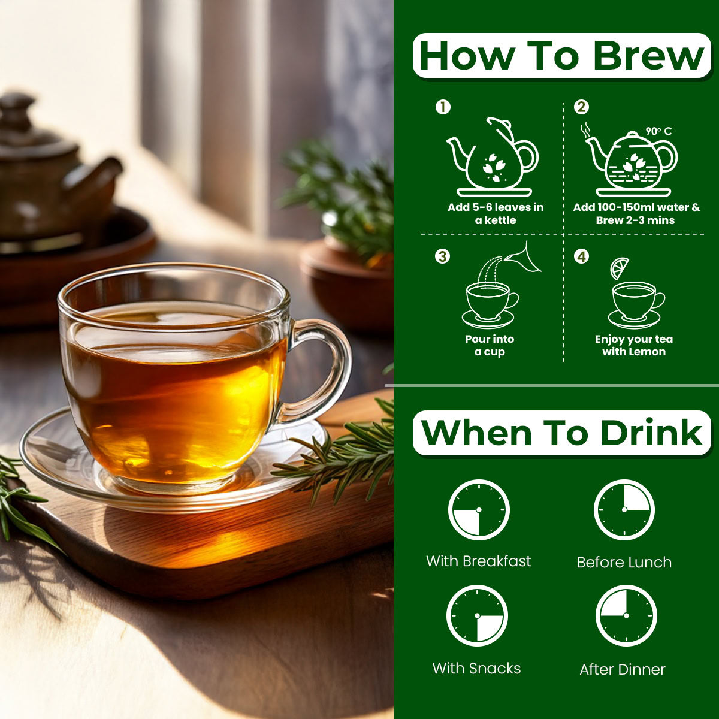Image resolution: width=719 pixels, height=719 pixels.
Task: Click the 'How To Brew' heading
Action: pyautogui.click(x=561, y=56)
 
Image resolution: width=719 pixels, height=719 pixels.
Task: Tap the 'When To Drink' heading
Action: pyautogui.click(x=562, y=433)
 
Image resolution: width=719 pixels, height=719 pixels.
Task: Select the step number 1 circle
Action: pyautogui.click(x=443, y=107)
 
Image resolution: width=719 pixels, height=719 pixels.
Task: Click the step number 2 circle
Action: pyautogui.click(x=581, y=107)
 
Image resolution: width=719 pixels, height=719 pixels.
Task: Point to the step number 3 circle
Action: pyautogui.click(x=443, y=256)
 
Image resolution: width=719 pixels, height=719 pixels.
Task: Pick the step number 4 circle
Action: pyautogui.click(x=581, y=256)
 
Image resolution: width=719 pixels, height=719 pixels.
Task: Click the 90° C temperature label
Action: pyautogui.click(x=658, y=131)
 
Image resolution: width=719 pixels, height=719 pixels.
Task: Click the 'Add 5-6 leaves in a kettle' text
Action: pyautogui.click(x=496, y=213)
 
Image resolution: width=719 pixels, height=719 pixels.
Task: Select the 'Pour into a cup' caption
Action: pyautogui.click(x=490, y=345)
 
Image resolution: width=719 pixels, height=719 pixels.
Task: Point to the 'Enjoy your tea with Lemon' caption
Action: pyautogui.click(x=634, y=345)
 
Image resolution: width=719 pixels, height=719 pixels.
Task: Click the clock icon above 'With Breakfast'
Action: pyautogui.click(x=479, y=510)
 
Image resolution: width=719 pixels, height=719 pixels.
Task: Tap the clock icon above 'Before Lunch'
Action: pyautogui.click(x=624, y=510)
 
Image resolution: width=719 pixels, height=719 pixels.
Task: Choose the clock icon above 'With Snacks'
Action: pyautogui.click(x=477, y=616)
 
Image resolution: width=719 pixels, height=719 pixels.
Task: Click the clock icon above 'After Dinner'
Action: pyautogui.click(x=626, y=616)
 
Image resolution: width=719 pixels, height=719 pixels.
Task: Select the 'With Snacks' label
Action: pyautogui.click(x=476, y=668)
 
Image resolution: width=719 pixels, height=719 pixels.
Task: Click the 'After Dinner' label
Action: pyautogui.click(x=623, y=669)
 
